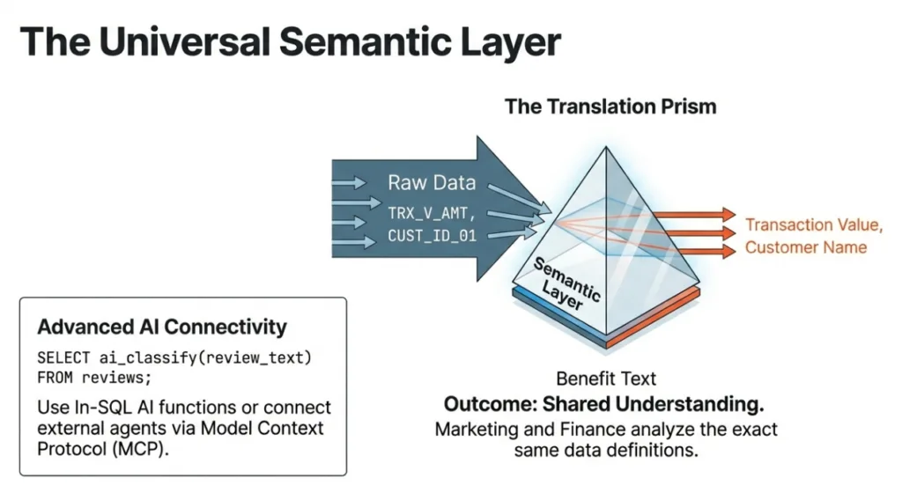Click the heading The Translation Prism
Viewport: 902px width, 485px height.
pos(610,107)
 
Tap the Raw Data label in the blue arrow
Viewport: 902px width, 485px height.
pos(432,183)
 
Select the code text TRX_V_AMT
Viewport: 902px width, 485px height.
pos(431,212)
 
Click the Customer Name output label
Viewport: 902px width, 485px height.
pos(806,247)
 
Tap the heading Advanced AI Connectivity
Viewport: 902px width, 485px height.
pos(162,327)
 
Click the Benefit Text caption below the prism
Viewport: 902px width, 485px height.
pos(606,379)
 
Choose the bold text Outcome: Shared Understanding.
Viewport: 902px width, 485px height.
pos(603,405)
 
